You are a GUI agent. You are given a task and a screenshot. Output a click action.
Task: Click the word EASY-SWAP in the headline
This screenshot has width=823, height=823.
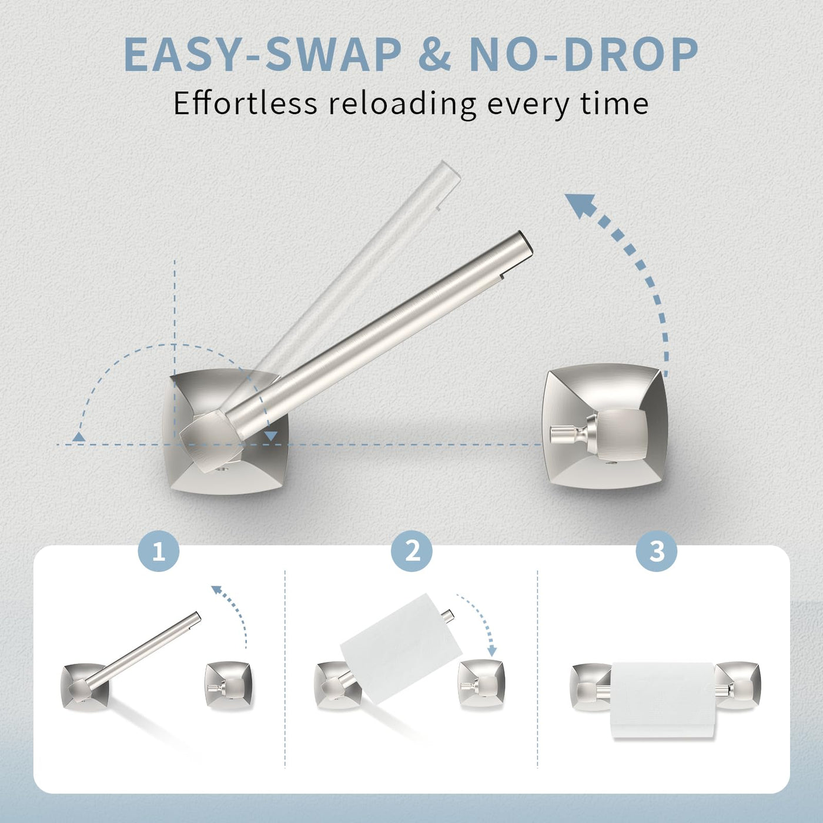pyautogui.click(x=263, y=55)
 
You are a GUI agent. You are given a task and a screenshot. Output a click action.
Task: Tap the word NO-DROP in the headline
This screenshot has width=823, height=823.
pyautogui.click(x=584, y=55)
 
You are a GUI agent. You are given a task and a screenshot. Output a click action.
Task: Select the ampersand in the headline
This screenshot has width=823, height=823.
pyautogui.click(x=435, y=55)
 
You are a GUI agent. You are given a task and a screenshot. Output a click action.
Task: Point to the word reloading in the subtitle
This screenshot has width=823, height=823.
pyautogui.click(x=402, y=105)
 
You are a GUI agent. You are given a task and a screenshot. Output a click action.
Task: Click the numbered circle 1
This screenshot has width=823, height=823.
pyautogui.click(x=159, y=551)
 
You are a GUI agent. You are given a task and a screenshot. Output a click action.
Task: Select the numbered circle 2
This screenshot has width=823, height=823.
pyautogui.click(x=411, y=551)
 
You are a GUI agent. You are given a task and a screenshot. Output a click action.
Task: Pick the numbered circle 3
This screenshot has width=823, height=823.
pyautogui.click(x=657, y=551)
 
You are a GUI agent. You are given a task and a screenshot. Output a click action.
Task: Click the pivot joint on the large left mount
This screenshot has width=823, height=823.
pyautogui.click(x=209, y=439)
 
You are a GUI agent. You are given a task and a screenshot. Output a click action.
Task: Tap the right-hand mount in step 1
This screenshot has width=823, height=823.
pyautogui.click(x=229, y=687)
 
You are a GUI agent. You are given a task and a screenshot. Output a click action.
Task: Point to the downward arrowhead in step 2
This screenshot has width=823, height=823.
pyautogui.click(x=492, y=651)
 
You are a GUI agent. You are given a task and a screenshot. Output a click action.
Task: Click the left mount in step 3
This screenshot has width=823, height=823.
pyautogui.click(x=591, y=687)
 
